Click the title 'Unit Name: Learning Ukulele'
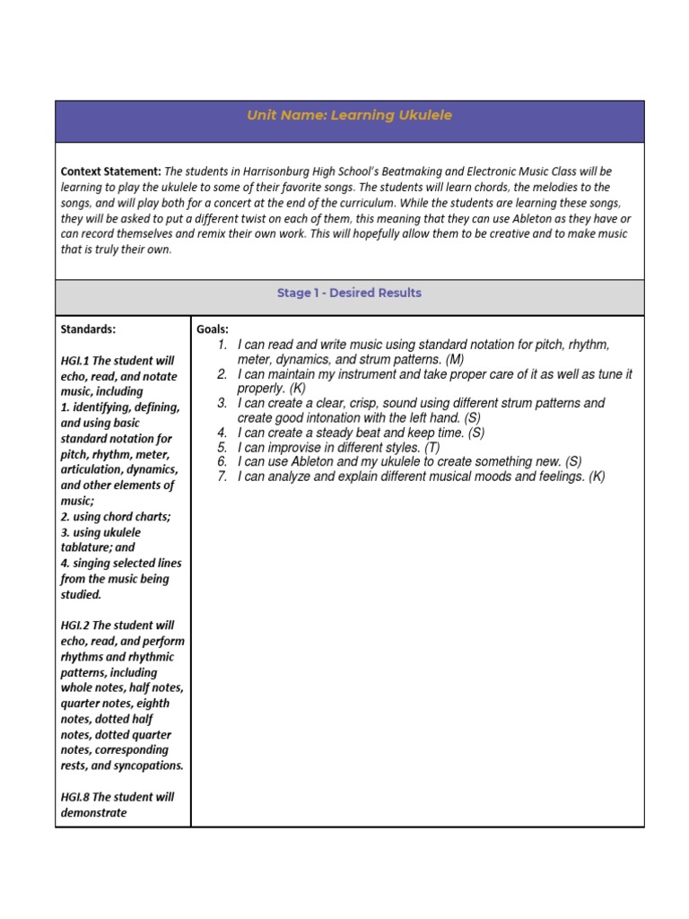349,116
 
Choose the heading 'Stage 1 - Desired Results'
349,293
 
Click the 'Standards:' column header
88,329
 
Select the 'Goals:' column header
213,329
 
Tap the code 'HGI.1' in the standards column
76,361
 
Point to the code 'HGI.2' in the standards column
76,626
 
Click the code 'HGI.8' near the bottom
76,797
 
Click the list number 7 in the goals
222,477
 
